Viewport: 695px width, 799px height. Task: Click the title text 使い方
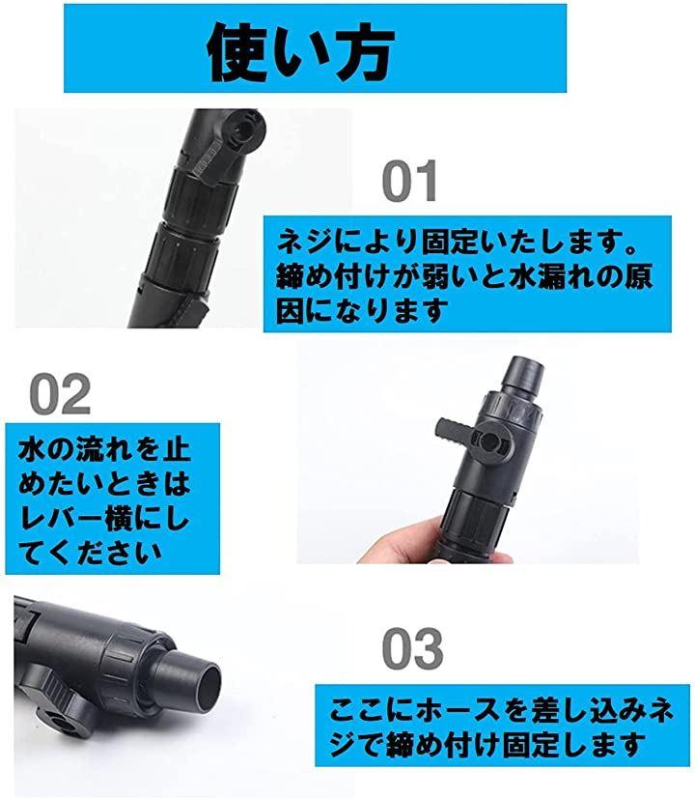(x=301, y=53)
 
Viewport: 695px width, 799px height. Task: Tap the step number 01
(x=410, y=181)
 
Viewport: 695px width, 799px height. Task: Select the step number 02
(x=60, y=394)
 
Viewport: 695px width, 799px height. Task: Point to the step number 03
(x=412, y=648)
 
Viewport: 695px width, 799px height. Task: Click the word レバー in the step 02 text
(x=61, y=519)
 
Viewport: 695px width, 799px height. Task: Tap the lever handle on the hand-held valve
(x=455, y=430)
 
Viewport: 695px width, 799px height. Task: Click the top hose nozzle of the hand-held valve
(x=523, y=375)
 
